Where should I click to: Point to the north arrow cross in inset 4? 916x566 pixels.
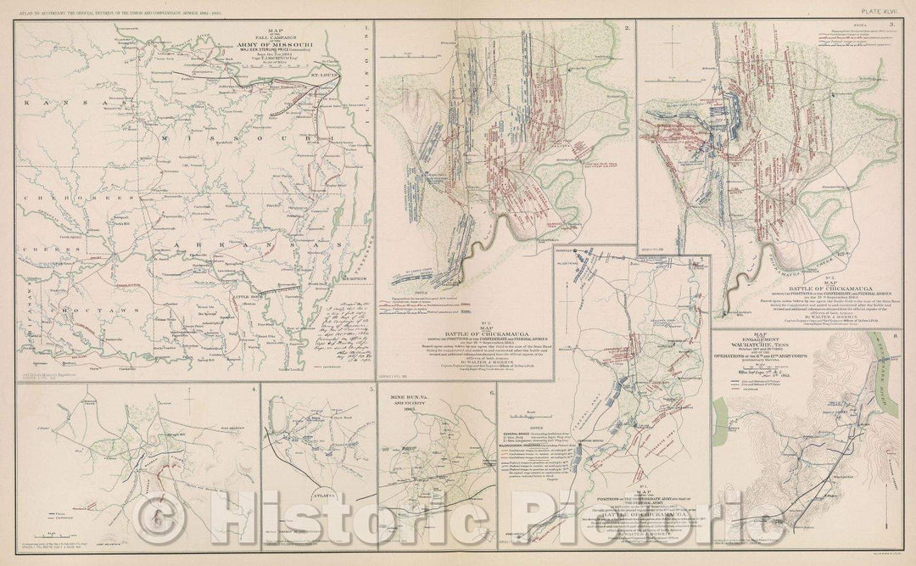click(x=158, y=513)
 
